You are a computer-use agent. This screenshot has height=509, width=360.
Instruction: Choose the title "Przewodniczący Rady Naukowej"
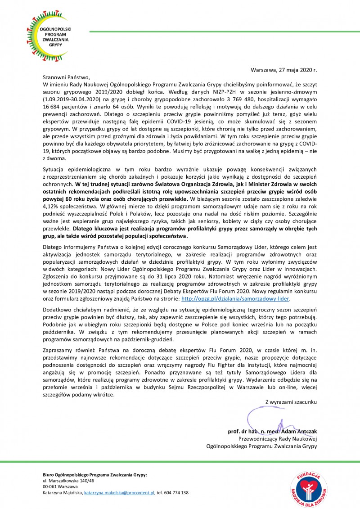[x=278, y=439]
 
